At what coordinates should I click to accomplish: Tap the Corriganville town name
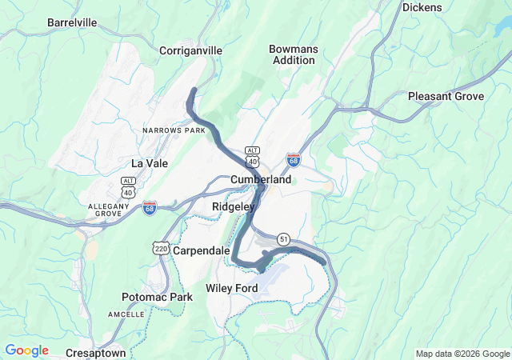[191, 50]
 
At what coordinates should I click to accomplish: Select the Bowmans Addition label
[294, 54]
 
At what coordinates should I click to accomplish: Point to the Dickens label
[422, 7]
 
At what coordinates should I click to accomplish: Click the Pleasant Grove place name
[446, 96]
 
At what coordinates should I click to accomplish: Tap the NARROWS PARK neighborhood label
[174, 130]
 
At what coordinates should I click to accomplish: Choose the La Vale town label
[149, 163]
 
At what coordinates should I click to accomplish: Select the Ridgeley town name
[233, 206]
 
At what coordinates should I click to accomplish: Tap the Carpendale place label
[202, 250]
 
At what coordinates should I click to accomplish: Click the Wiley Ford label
[231, 288]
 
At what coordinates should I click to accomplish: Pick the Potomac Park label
[158, 298]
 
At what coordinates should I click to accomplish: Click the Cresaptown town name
[95, 353]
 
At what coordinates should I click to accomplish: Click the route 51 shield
[284, 239]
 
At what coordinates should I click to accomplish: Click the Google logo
[26, 350]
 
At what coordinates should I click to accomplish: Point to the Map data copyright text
[462, 354]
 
